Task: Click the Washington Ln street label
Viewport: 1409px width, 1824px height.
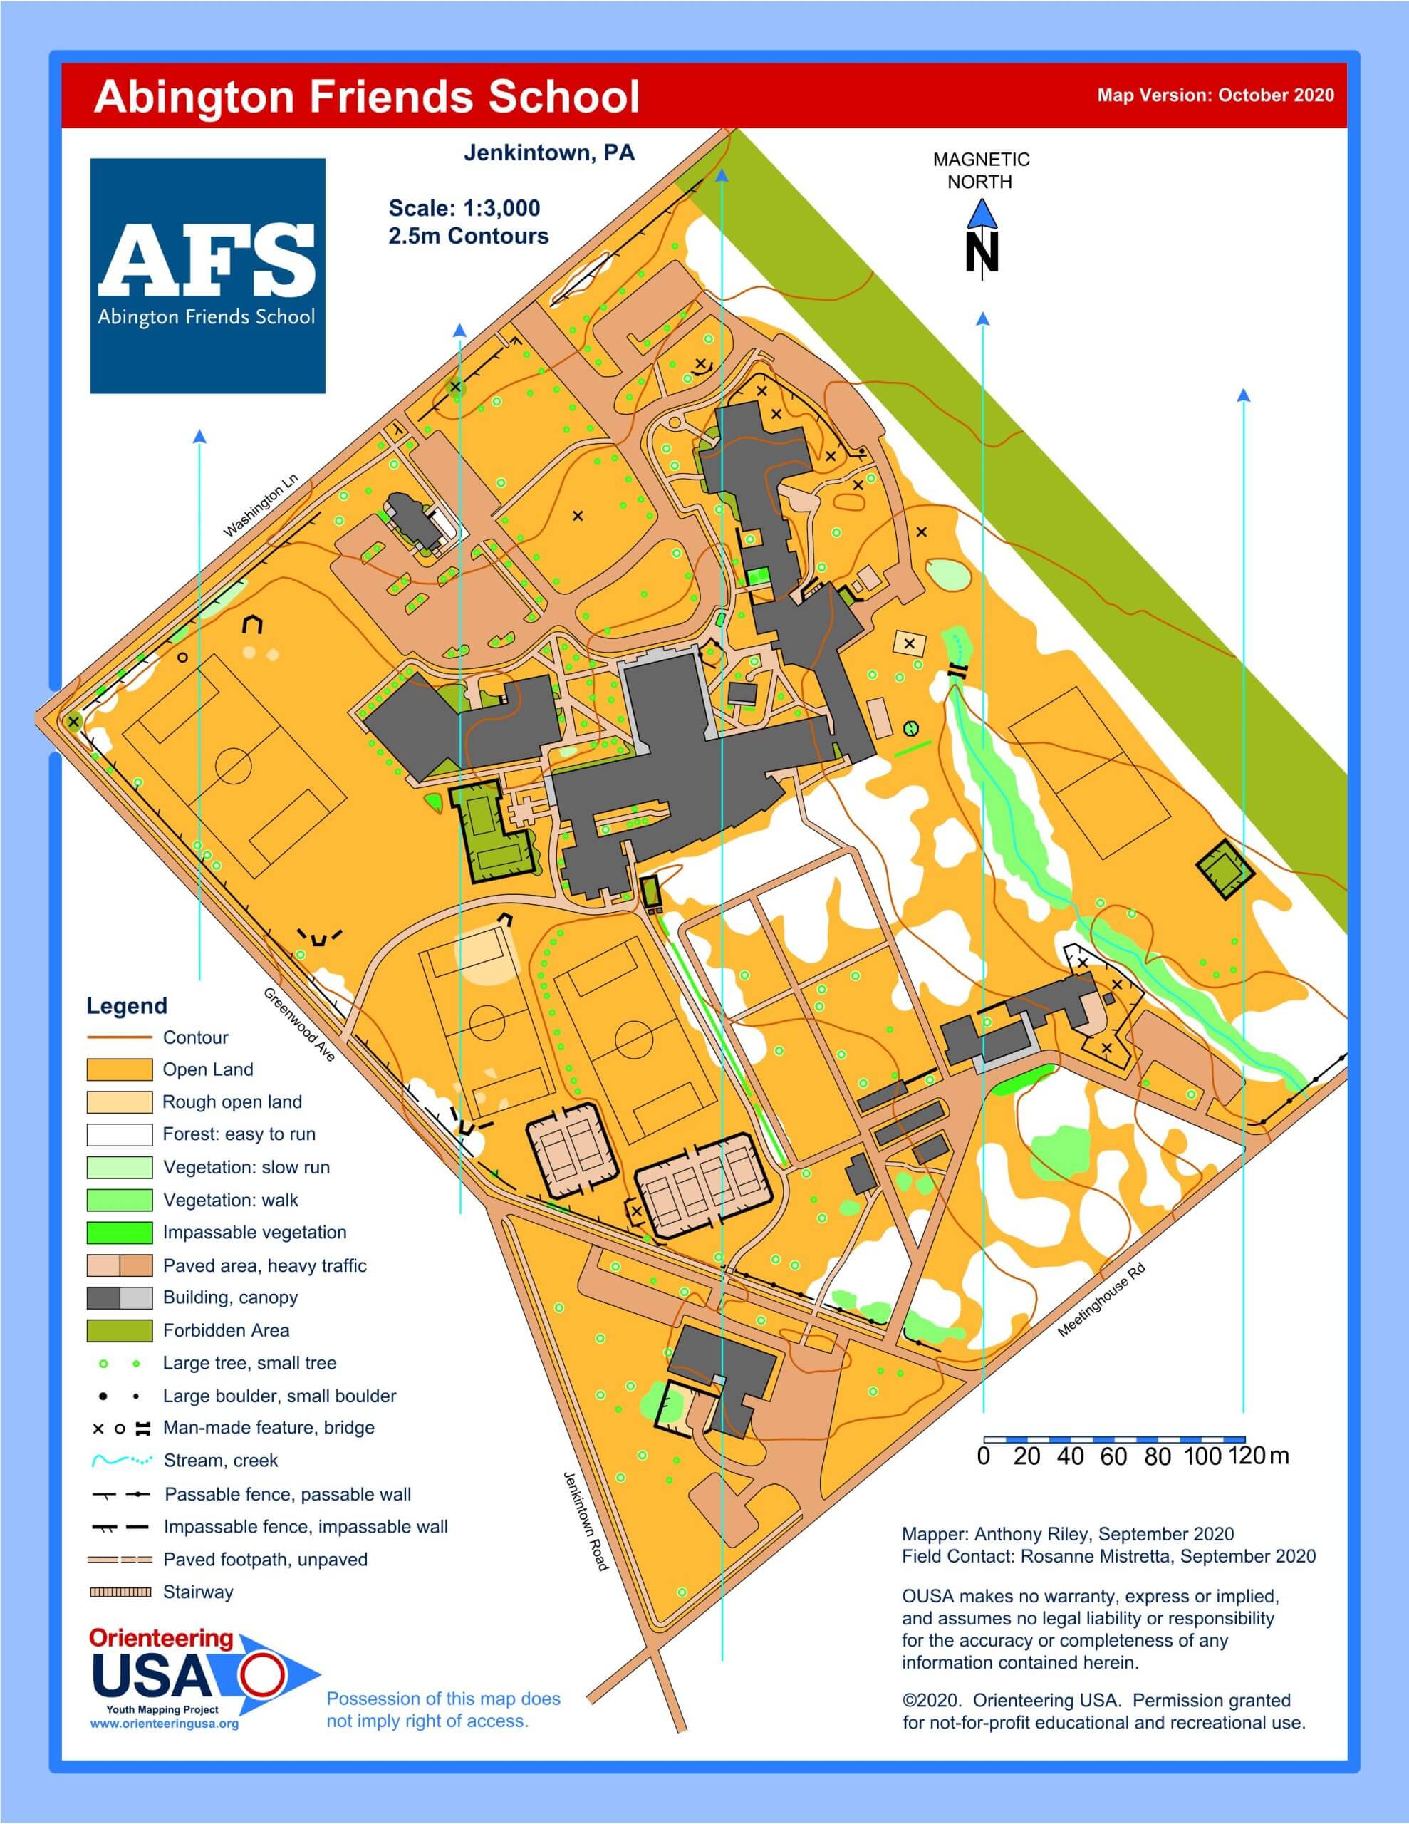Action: (261, 505)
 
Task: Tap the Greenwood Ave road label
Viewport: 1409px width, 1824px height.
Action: (299, 1024)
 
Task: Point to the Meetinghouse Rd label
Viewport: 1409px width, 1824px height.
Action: (1101, 1300)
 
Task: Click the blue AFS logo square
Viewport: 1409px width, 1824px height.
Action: (207, 276)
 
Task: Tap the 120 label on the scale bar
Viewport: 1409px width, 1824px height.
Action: (1247, 1456)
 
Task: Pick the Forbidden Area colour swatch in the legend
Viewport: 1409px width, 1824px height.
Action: (120, 1330)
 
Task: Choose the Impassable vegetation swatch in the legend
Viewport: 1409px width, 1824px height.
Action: (120, 1232)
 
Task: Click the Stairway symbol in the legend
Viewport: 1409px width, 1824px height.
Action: (120, 1592)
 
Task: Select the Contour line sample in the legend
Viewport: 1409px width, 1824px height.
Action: (120, 1037)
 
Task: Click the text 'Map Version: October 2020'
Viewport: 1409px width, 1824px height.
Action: (1215, 95)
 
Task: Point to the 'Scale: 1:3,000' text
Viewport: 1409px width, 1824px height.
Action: (464, 208)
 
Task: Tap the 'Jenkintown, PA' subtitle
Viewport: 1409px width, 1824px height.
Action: (548, 154)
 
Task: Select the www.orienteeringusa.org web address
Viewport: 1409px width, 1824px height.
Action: (165, 1723)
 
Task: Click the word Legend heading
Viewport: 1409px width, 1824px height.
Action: (127, 1005)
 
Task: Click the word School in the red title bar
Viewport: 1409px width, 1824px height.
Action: (563, 97)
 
